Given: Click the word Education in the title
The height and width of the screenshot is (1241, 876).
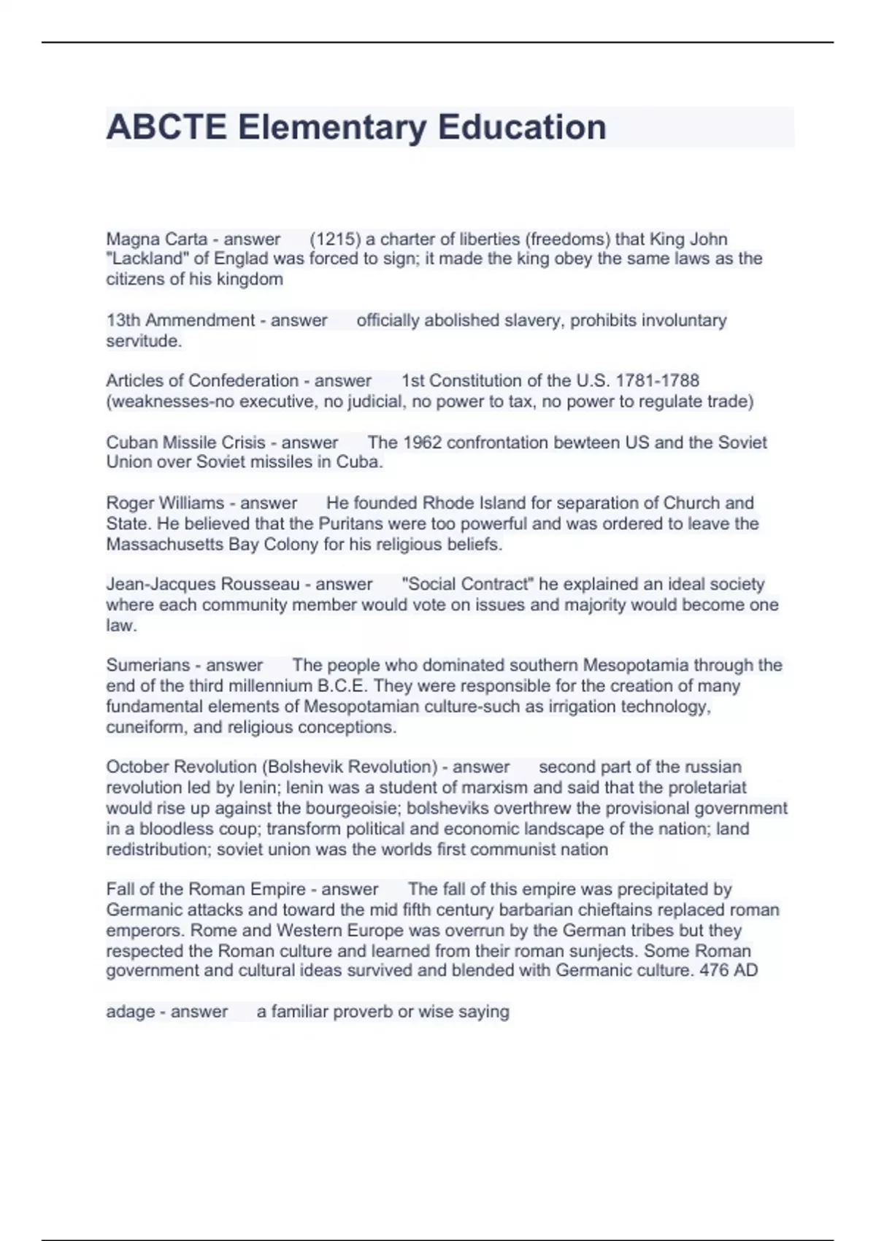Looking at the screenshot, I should pos(522,127).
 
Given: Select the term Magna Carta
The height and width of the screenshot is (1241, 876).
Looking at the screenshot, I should pos(157,239).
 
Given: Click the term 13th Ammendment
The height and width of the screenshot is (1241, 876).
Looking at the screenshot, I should pos(180,320).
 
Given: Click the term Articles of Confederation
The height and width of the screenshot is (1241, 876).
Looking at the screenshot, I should pos(202,380).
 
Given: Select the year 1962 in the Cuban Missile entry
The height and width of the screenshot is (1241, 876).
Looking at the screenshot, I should pos(422,442).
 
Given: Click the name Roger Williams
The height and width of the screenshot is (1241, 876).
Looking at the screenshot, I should pos(165,503).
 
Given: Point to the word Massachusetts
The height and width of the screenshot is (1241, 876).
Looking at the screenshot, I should pos(164,544).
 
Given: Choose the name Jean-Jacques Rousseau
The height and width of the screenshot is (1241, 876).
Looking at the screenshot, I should pos(203,584).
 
